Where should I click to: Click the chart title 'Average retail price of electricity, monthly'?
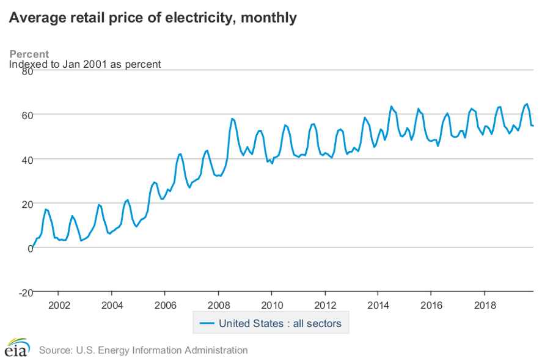tap(153, 18)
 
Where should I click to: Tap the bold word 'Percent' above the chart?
tap(29, 54)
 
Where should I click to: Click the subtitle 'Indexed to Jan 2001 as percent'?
tap(85, 64)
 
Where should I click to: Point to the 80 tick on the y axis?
tap(26, 71)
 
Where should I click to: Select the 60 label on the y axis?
tap(26, 115)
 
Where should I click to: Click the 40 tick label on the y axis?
tap(26, 160)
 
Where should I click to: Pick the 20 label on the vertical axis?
tap(26, 204)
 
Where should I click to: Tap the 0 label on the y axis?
tap(29, 248)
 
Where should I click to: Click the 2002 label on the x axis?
tap(58, 304)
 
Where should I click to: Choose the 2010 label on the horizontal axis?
tap(271, 304)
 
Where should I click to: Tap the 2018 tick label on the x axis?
tap(485, 304)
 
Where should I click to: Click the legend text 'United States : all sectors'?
tap(280, 323)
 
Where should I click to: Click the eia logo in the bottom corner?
tap(16, 348)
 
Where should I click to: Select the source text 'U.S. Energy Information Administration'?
tap(162, 350)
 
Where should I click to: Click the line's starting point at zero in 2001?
tap(32, 248)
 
